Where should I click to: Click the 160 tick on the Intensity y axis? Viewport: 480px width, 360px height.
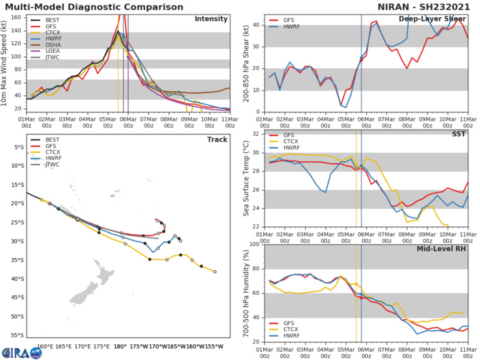16,17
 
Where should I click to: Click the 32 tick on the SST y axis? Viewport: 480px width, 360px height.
258,134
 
